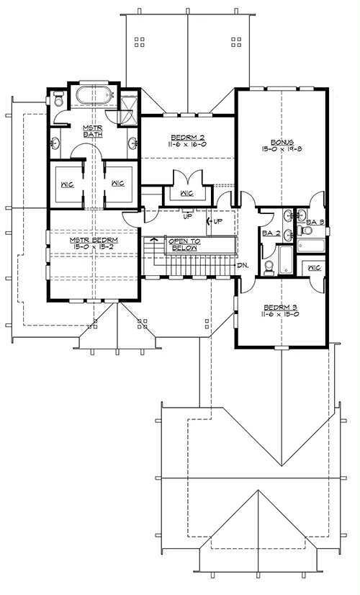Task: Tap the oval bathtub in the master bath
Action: pos(94,96)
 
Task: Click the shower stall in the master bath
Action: pos(128,110)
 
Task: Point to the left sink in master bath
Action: pos(55,143)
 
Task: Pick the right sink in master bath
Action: pos(132,143)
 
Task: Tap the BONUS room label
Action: pos(282,143)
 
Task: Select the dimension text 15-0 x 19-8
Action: pos(282,149)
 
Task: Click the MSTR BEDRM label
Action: pos(94,240)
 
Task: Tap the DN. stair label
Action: pos(243,266)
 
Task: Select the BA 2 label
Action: pos(271,233)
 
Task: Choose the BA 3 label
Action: pos(315,223)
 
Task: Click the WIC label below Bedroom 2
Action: pos(187,194)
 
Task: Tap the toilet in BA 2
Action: pos(269,267)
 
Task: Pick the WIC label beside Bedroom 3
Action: pos(315,268)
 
